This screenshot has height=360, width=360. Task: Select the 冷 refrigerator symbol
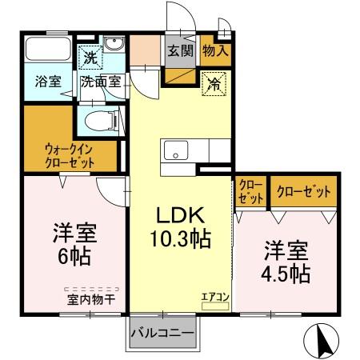[x=214, y=81]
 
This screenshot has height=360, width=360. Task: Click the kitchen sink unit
[x=175, y=150]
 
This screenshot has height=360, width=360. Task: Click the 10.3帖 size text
[x=181, y=238]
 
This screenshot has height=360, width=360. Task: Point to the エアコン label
[x=214, y=297]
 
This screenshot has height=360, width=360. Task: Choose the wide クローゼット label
[x=303, y=192]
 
